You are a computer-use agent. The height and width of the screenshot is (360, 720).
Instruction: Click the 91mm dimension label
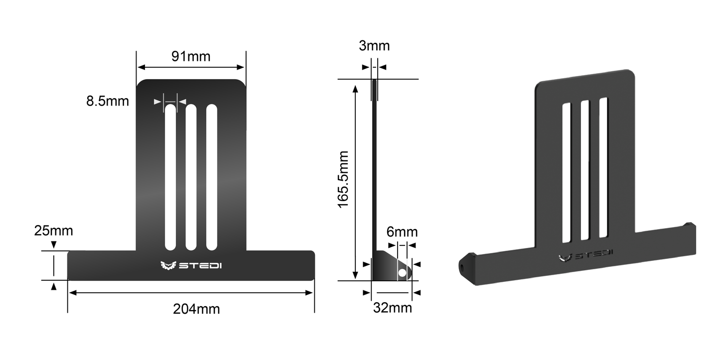[191, 56]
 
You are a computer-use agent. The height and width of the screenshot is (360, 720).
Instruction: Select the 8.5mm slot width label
[108, 101]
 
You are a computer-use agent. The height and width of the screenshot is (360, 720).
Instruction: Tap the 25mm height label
[53, 231]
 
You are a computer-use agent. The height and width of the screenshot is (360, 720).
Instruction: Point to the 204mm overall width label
[196, 309]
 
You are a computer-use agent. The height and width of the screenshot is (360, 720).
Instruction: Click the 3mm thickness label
[374, 46]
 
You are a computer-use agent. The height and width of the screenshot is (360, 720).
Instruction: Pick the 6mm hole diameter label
[402, 232]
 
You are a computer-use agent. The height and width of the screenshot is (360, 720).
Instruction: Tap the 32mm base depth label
[393, 308]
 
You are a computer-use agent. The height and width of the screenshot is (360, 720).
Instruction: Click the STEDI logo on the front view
[191, 265]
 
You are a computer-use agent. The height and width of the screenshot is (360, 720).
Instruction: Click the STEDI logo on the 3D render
[585, 255]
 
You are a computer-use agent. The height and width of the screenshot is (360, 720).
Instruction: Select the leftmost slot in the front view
[170, 177]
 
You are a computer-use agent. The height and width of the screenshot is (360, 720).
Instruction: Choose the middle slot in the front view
[191, 177]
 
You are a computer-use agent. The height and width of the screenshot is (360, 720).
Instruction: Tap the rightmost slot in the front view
[212, 177]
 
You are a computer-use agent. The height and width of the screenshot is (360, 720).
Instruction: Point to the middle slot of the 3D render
[584, 169]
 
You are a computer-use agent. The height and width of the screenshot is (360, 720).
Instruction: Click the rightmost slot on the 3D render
[603, 167]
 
